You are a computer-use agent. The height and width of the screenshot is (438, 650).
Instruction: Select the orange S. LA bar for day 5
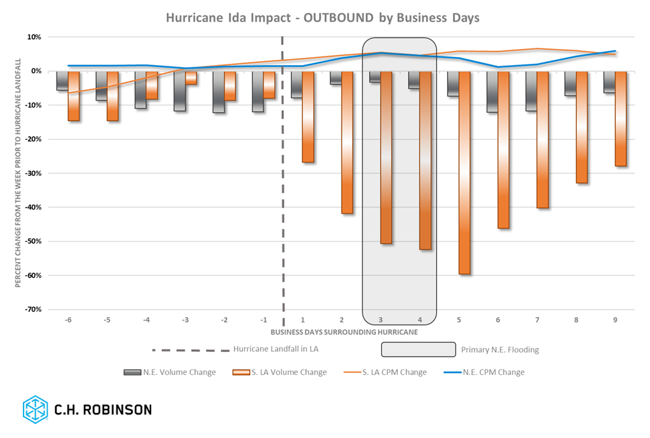[464, 173]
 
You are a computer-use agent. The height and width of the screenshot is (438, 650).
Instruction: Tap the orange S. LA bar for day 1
[308, 116]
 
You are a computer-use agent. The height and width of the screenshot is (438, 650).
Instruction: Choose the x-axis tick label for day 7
[537, 320]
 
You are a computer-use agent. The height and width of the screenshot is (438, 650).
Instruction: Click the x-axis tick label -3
[185, 320]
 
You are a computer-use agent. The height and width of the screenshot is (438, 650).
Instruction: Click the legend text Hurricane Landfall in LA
[276, 349]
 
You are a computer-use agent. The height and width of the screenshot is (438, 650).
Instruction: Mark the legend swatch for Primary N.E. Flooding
[418, 349]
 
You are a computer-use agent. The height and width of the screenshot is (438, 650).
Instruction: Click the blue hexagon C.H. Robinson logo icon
[35, 409]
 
